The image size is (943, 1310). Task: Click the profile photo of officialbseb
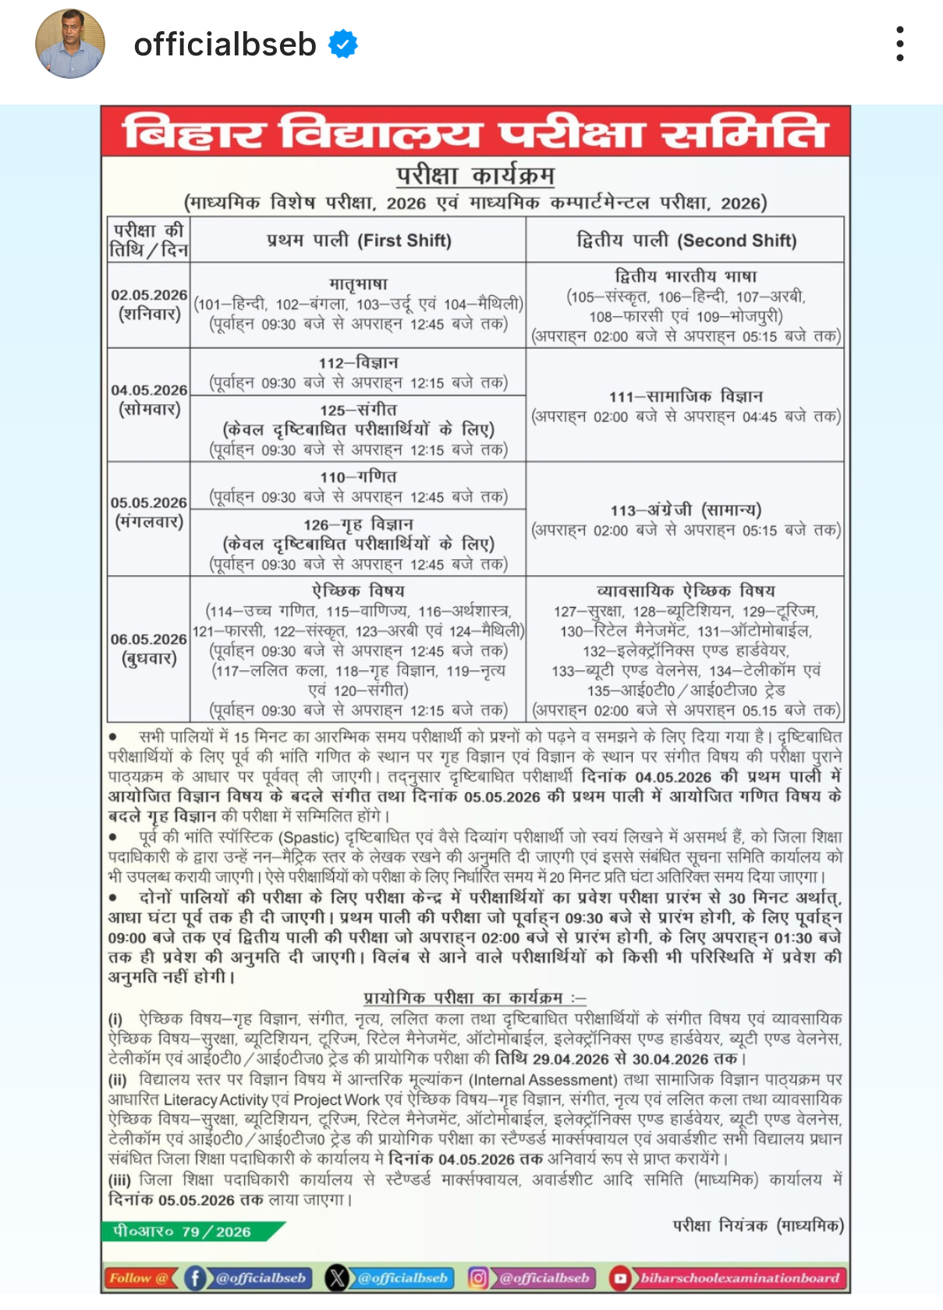tap(70, 44)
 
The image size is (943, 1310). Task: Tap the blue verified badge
tap(343, 44)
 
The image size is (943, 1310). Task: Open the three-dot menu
tap(900, 44)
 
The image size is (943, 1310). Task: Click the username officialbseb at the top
tap(225, 44)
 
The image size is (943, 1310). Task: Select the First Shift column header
tap(359, 240)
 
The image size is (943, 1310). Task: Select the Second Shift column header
tap(686, 240)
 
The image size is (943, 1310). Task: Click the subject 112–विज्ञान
tap(359, 363)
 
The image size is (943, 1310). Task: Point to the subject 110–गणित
tap(359, 477)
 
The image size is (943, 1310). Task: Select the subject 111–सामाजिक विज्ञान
tap(686, 396)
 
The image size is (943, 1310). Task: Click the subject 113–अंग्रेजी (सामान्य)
tap(686, 510)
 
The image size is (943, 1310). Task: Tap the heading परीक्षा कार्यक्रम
tap(475, 175)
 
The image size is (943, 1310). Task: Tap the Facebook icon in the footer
tap(195, 1278)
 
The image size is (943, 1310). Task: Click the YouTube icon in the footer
tap(620, 1278)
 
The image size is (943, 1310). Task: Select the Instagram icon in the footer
tap(478, 1278)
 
